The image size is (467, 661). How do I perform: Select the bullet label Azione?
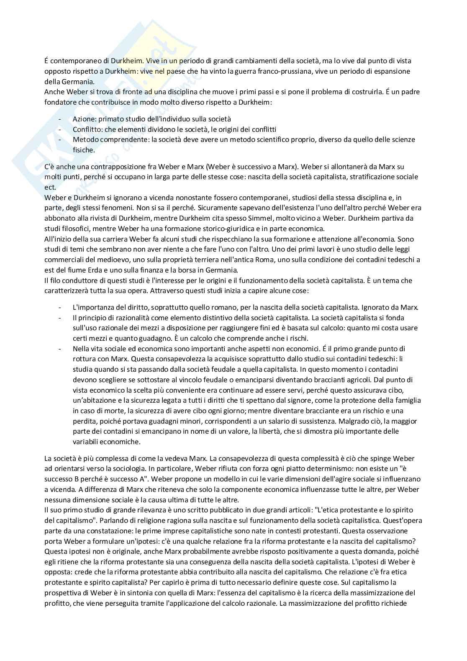click(x=85, y=119)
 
